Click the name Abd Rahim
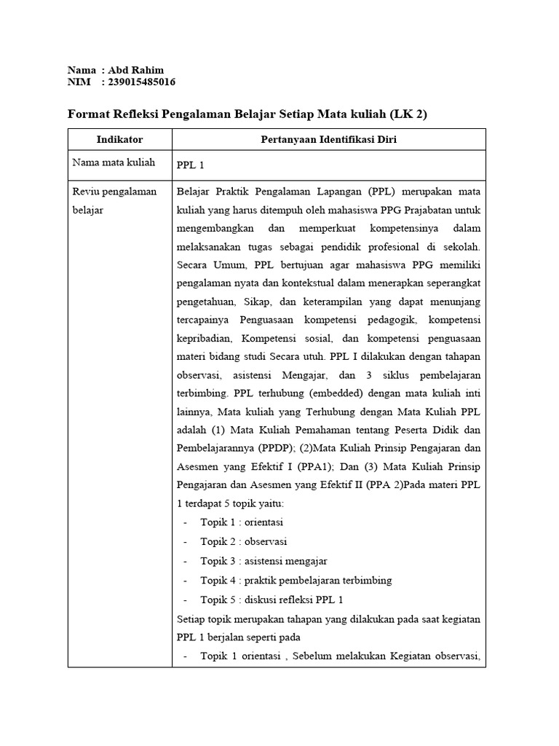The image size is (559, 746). click(136, 70)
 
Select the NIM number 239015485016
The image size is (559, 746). click(141, 82)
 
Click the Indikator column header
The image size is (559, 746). click(119, 139)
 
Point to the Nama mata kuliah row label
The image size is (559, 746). click(113, 162)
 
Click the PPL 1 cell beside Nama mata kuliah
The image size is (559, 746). click(191, 165)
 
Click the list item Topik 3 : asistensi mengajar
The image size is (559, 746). click(263, 561)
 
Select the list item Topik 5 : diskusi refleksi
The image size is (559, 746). click(271, 600)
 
